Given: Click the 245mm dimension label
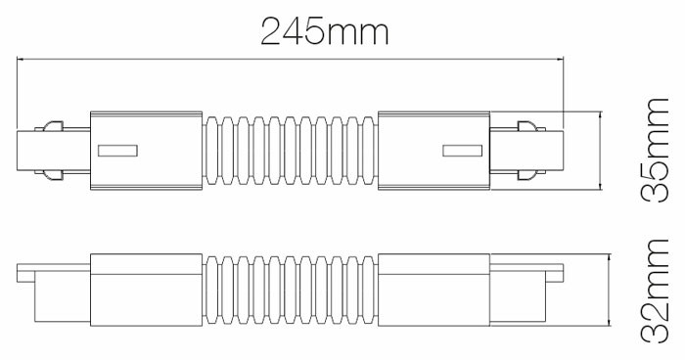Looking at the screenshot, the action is [325, 31].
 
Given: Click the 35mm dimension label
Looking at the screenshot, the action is [655, 150].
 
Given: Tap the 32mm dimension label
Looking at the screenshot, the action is [655, 291].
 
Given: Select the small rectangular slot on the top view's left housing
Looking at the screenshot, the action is [118, 151].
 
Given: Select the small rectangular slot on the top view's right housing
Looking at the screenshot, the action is [462, 151].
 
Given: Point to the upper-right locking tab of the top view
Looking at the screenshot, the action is [531, 126].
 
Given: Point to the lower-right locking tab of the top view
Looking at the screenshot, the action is [531, 175].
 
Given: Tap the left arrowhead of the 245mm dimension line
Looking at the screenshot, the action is [20, 58].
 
